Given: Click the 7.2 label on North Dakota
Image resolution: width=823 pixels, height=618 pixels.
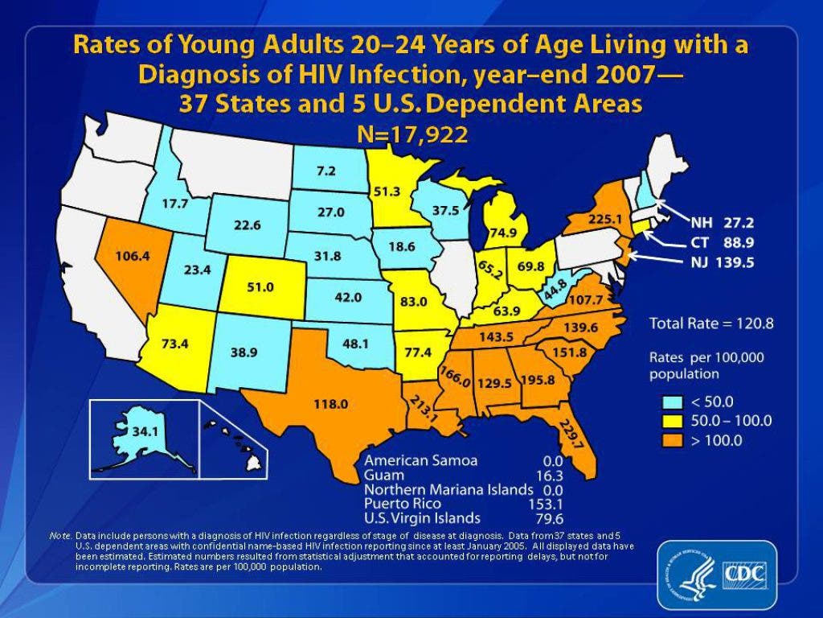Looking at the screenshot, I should point(326,171).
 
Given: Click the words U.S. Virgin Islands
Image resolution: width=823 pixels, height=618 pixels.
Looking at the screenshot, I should point(422,517).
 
